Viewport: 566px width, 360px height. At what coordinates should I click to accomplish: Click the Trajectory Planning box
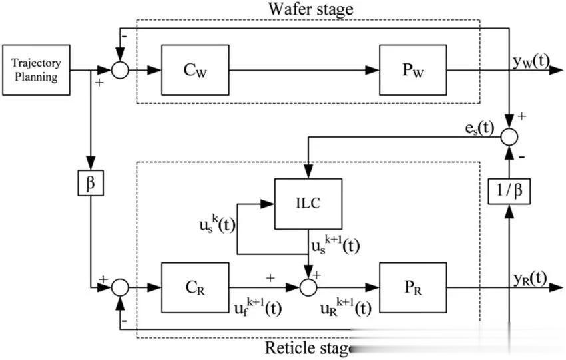pyautogui.click(x=36, y=70)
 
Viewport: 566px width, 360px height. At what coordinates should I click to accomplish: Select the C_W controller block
pyautogui.click(x=194, y=70)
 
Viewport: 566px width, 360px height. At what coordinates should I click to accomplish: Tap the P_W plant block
pyautogui.click(x=413, y=70)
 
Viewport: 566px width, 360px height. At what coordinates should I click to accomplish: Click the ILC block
pyautogui.click(x=309, y=203)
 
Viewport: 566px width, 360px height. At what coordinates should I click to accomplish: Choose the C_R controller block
pyautogui.click(x=194, y=287)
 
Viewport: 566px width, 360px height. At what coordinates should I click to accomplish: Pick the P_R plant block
pyautogui.click(x=413, y=287)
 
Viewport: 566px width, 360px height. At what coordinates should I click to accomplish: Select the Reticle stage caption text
pyautogui.click(x=308, y=347)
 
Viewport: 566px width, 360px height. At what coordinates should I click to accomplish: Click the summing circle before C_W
pyautogui.click(x=119, y=70)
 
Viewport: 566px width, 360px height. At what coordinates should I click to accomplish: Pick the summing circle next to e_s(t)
pyautogui.click(x=509, y=136)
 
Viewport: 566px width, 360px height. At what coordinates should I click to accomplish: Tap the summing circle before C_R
pyautogui.click(x=119, y=287)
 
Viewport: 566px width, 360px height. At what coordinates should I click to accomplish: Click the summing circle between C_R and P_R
pyautogui.click(x=308, y=287)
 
